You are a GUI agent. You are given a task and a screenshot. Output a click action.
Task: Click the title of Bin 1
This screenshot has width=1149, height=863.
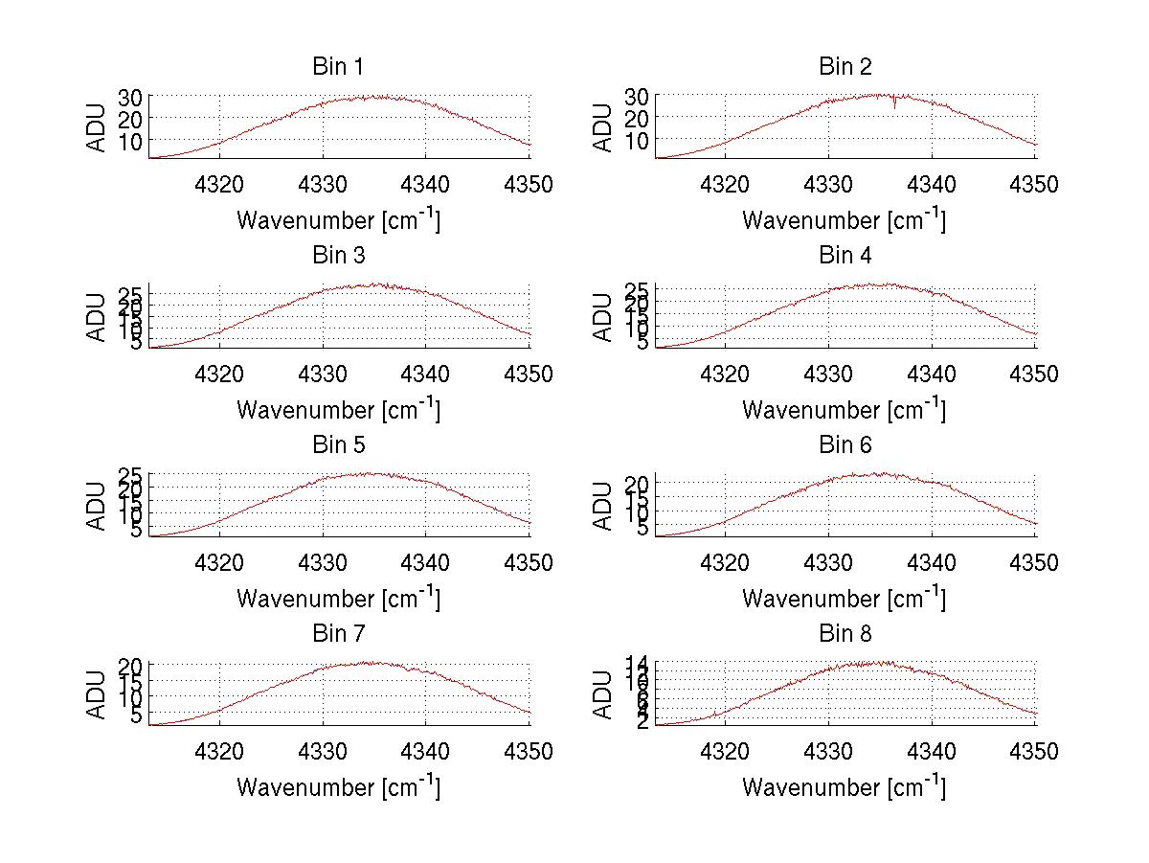(x=338, y=66)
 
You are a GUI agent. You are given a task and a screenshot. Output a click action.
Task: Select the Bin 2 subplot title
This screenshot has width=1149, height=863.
(x=845, y=66)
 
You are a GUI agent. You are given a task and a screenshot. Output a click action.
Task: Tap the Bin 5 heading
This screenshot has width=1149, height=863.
(x=338, y=444)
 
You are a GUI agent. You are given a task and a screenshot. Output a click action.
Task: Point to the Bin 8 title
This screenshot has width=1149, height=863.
(x=845, y=633)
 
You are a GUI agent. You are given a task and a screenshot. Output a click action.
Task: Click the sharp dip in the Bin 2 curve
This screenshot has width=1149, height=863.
(x=895, y=104)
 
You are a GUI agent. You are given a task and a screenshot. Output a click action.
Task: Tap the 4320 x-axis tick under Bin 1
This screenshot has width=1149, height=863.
(x=220, y=184)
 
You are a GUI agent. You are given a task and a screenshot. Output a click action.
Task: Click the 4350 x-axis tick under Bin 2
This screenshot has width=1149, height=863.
(x=1034, y=184)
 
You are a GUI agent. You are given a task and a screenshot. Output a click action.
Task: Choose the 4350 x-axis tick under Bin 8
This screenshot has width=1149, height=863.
(x=1034, y=752)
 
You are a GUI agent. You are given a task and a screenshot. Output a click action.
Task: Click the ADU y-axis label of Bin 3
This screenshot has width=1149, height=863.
(x=98, y=316)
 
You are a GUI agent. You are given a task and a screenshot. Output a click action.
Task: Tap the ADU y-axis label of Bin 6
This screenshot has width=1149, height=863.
(x=603, y=505)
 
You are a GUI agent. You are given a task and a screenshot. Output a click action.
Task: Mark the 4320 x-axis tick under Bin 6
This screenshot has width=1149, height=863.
(x=726, y=562)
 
